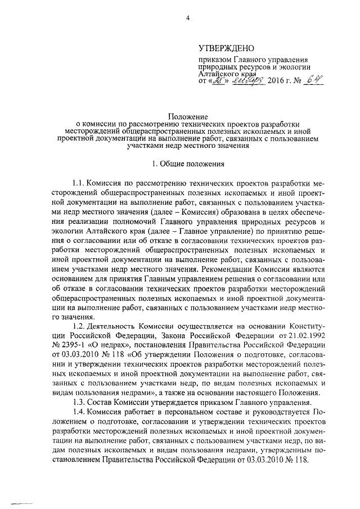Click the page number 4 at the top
(188, 19)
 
